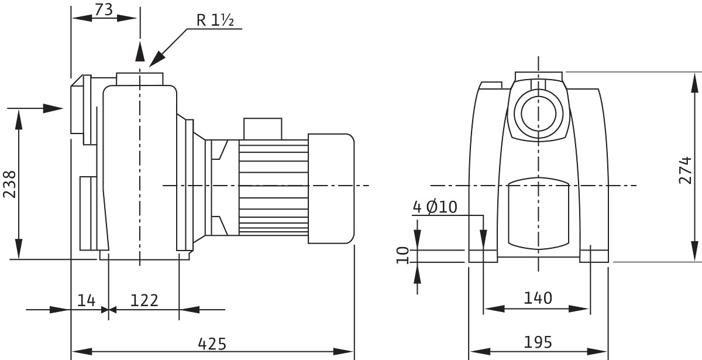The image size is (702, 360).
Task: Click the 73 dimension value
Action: click(x=104, y=10)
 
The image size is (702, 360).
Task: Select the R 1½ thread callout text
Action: click(x=215, y=20)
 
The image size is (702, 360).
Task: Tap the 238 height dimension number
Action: click(x=9, y=184)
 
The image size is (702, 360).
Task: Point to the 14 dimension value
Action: click(x=86, y=300)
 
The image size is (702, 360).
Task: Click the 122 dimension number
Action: click(x=144, y=300)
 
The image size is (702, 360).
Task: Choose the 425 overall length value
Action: click(x=212, y=344)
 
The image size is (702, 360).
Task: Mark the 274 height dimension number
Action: click(x=685, y=170)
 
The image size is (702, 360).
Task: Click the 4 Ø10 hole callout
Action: click(x=435, y=207)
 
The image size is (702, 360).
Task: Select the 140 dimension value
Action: click(x=538, y=298)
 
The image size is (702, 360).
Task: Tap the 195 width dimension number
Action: click(x=538, y=342)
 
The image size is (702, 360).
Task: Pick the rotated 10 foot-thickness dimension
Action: click(x=403, y=256)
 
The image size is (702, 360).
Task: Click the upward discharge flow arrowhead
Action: click(x=140, y=51)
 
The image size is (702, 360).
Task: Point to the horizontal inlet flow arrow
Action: click(x=35, y=108)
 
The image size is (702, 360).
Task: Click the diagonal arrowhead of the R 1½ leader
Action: click(x=157, y=59)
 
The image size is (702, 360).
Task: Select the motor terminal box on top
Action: click(x=263, y=129)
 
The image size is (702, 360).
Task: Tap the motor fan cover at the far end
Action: click(x=331, y=188)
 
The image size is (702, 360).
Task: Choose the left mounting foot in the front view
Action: click(x=483, y=256)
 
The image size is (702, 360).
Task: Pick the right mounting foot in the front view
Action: click(x=594, y=256)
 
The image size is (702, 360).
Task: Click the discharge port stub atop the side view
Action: click(x=140, y=79)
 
